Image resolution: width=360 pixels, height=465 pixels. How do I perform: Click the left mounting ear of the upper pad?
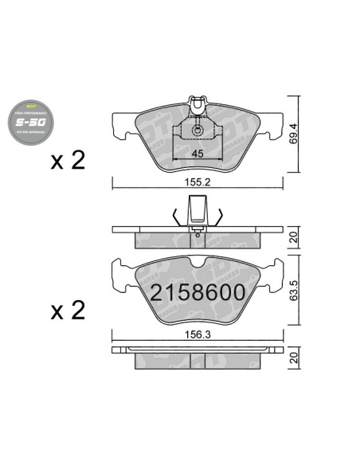(121, 126)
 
